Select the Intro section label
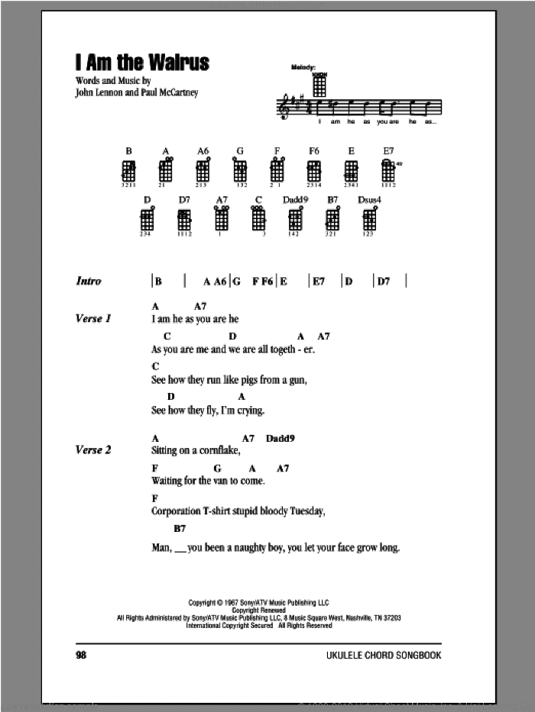[x=89, y=281]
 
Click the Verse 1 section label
[x=93, y=318]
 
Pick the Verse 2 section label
[x=93, y=450]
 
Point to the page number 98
[x=83, y=656]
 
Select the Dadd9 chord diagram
[x=294, y=220]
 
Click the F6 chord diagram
[x=313, y=170]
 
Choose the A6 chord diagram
[x=203, y=170]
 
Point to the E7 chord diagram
[x=388, y=170]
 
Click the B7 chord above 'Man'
[x=180, y=529]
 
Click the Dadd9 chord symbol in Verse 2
[x=280, y=438]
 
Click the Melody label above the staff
[x=303, y=68]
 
